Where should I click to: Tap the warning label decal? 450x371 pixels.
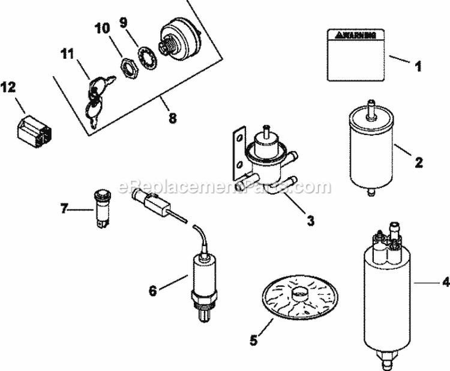[x=355, y=54]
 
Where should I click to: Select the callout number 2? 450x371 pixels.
[x=419, y=161]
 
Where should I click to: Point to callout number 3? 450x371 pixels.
[x=310, y=220]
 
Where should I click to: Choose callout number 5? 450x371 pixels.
[x=253, y=340]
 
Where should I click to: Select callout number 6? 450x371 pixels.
[x=152, y=291]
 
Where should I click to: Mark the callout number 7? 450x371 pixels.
[x=64, y=209]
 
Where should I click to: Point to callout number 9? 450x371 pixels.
[x=124, y=23]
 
